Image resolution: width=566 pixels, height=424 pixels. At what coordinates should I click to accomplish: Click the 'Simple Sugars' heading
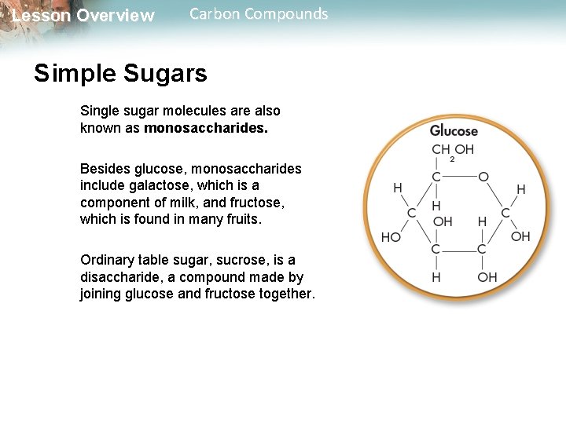120,74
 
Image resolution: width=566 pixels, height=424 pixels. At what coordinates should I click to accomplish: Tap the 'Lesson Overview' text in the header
83,16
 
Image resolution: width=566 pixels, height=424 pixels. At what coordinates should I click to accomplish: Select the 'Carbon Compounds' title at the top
259,14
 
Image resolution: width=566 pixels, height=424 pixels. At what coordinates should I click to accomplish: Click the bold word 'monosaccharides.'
206,128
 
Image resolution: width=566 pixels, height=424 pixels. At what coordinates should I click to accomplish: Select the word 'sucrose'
230,260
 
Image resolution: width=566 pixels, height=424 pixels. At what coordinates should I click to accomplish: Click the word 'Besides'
105,169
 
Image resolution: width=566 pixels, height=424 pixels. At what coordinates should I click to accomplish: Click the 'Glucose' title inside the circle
454,131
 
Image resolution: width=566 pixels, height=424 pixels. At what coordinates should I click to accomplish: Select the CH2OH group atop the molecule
453,150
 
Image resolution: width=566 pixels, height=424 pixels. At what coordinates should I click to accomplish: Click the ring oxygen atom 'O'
483,177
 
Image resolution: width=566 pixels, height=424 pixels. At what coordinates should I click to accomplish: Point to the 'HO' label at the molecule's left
391,237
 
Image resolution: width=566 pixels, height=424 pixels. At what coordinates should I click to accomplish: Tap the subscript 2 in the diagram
452,159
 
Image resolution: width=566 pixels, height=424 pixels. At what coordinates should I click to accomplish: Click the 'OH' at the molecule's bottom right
487,276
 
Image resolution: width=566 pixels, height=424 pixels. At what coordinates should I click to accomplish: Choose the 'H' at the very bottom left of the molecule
436,276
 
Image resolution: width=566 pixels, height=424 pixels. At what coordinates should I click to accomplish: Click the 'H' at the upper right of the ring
520,189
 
